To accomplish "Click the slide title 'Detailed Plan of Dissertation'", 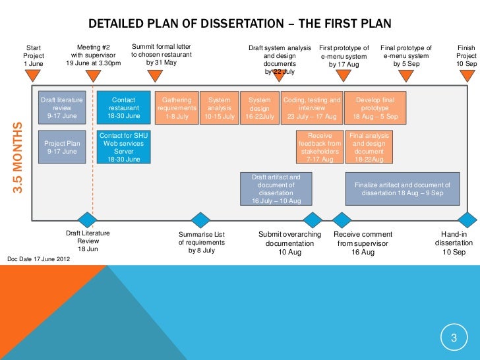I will click(240, 24).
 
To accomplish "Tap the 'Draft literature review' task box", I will click(62, 108).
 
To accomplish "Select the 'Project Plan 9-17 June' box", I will click(62, 146).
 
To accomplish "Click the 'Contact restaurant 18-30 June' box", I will click(124, 108).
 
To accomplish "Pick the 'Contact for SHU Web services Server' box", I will click(124, 147).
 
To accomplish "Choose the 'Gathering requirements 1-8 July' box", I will click(177, 108).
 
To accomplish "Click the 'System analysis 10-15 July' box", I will click(220, 108).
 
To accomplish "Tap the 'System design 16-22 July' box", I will click(260, 108).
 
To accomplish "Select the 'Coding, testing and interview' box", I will click(312, 108).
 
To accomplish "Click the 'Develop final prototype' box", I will click(375, 108).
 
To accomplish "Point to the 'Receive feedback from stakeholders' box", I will click(320, 147).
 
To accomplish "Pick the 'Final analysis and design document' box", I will click(369, 147).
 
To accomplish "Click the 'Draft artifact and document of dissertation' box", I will click(276, 189).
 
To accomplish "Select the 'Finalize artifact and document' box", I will click(402, 189).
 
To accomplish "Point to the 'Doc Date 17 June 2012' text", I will click(42, 258).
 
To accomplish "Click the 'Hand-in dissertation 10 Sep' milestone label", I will click(453, 243).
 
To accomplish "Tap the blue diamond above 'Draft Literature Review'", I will click(86, 220).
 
